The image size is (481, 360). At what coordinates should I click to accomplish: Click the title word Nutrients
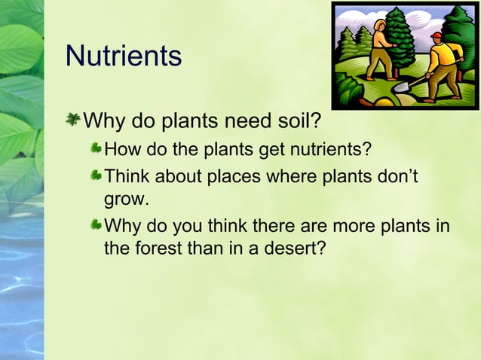pyautogui.click(x=124, y=56)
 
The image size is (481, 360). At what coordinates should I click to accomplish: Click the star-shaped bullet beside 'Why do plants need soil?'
pyautogui.click(x=74, y=119)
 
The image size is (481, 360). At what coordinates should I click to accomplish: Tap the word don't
pyautogui.click(x=399, y=176)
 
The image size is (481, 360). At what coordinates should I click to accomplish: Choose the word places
pyautogui.click(x=234, y=176)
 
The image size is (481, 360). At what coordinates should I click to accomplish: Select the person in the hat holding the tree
pyautogui.click(x=379, y=49)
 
